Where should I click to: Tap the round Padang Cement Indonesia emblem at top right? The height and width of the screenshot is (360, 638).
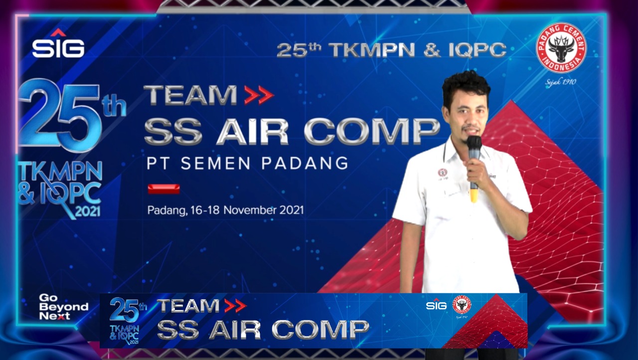[561, 48]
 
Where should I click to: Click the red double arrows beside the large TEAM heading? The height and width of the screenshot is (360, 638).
[259, 95]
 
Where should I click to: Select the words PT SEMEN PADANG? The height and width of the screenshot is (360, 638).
[247, 164]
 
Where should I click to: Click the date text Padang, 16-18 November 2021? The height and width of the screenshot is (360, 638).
[225, 210]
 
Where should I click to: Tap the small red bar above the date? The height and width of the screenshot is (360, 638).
[163, 189]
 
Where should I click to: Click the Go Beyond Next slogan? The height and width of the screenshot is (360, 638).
[63, 307]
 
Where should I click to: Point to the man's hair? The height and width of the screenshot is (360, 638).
[467, 83]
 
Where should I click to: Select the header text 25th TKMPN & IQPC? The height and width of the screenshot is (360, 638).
[391, 50]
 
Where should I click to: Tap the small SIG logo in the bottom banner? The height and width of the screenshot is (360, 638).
[436, 304]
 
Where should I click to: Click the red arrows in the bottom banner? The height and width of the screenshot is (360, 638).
[235, 306]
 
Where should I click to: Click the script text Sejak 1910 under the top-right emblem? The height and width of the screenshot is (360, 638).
[560, 82]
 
